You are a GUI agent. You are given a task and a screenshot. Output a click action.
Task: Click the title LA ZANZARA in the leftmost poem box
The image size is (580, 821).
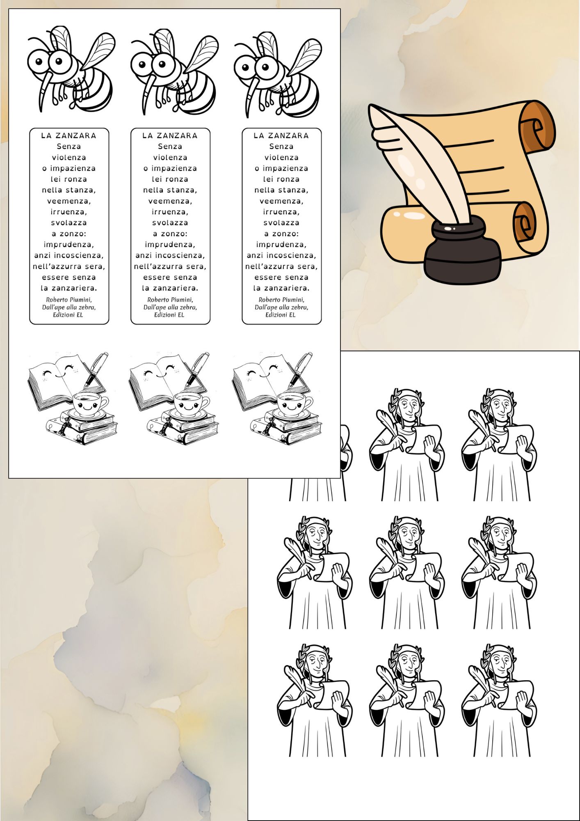[69, 135]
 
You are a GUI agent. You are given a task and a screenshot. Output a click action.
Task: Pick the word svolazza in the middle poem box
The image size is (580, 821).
[170, 223]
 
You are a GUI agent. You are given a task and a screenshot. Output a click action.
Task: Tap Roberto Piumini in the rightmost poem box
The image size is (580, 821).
[281, 300]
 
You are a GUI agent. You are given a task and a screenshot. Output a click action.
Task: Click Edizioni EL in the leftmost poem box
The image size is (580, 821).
[68, 315]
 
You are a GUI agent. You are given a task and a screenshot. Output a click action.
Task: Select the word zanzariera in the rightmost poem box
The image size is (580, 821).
[287, 288]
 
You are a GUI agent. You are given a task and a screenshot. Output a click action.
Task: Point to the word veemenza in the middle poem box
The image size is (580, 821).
[170, 201]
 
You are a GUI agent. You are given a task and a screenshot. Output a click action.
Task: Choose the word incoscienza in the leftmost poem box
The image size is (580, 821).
[79, 255]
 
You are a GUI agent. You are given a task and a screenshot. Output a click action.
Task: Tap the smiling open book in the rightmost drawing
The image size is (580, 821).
[269, 380]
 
